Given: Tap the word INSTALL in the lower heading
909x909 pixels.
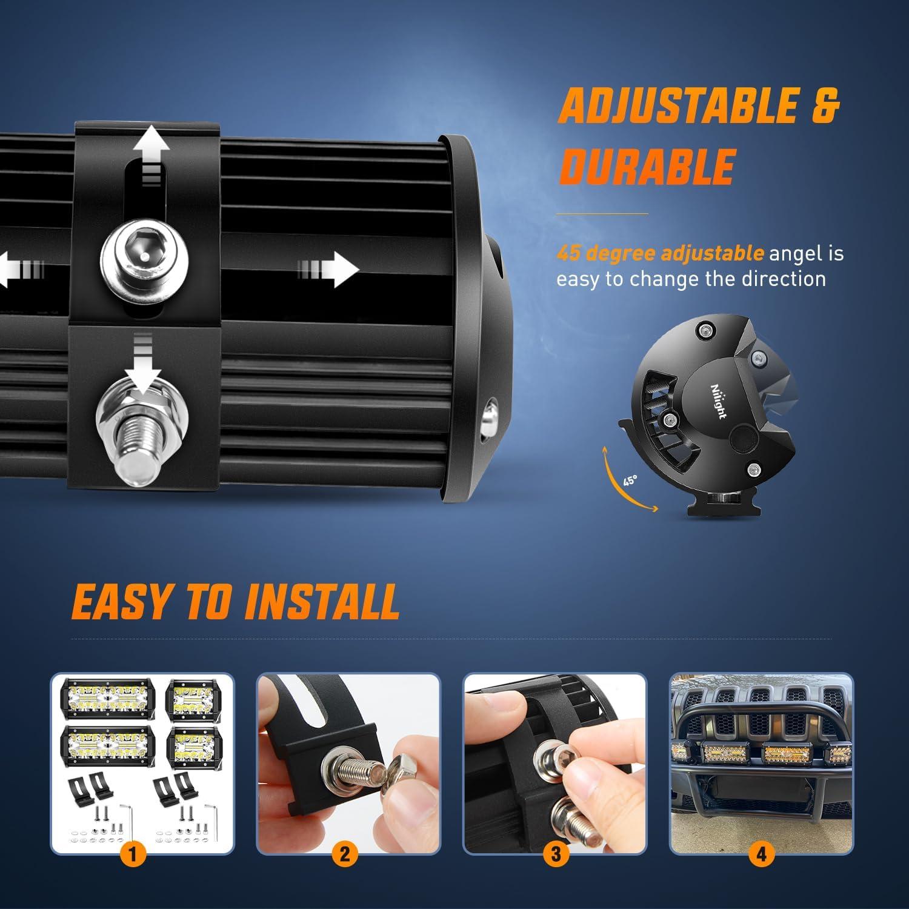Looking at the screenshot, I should coord(321,602).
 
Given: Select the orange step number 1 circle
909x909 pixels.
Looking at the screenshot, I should coord(134,854).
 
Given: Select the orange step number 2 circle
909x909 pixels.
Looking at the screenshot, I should coord(344,854).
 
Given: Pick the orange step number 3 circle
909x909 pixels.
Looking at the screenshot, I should coord(556,854).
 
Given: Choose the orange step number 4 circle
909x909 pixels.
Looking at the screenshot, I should coord(761,854).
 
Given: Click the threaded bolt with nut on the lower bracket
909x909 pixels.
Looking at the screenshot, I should coord(143,436).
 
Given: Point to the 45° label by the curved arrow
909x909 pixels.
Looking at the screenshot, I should coord(630,481).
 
